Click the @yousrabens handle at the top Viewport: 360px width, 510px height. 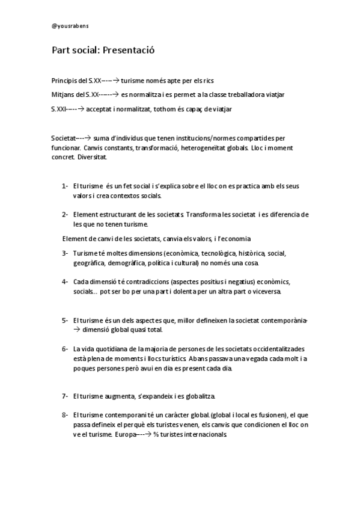70,26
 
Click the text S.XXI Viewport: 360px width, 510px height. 59,109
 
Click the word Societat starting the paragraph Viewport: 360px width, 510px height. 64,138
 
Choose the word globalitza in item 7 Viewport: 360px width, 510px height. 196,396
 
